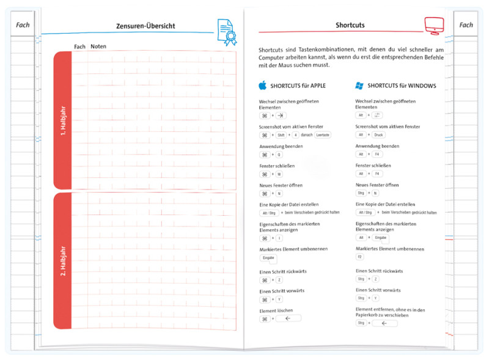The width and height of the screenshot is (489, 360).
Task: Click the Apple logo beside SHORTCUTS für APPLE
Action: coord(263,85)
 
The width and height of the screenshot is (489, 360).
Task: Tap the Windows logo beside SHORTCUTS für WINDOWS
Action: coord(359,85)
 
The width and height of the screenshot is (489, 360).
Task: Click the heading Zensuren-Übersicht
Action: coord(145,26)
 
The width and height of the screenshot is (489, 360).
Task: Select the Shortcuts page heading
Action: coord(350,25)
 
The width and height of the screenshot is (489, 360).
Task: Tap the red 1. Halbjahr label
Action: coord(63,120)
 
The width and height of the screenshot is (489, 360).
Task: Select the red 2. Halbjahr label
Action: coord(63,262)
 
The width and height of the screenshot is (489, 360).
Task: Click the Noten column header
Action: coord(98,46)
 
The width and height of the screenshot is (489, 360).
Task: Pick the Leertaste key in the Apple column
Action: coord(323,135)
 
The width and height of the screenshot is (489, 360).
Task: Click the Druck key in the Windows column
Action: coord(379,134)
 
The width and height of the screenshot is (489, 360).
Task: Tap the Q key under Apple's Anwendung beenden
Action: coord(279,155)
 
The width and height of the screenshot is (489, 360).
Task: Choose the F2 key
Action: coord(360,257)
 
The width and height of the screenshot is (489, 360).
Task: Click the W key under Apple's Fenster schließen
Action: coord(279,174)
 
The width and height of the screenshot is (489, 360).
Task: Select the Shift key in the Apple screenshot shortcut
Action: coord(281,135)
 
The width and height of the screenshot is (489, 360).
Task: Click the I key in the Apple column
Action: coord(279,238)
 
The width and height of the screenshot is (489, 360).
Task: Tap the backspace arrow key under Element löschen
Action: coord(289,318)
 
